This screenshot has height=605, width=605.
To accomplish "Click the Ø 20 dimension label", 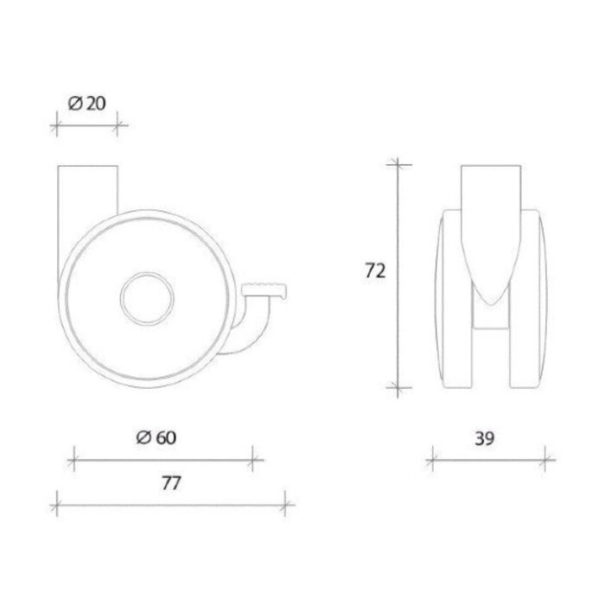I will pyautogui.click(x=86, y=103).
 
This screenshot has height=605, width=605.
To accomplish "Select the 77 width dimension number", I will pyautogui.click(x=170, y=484).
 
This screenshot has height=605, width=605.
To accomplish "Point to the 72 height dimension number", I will pyautogui.click(x=374, y=271).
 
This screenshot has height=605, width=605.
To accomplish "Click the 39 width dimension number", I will pyautogui.click(x=486, y=438).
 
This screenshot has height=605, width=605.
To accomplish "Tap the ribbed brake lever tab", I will pyautogui.click(x=269, y=289).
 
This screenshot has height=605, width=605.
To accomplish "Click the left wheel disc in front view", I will pyautogui.click(x=455, y=302).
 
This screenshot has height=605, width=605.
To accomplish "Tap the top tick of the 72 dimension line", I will pyautogui.click(x=397, y=164).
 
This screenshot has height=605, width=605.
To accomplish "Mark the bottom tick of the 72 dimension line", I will pyautogui.click(x=397, y=390).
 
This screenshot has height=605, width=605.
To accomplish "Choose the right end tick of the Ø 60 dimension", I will pyautogui.click(x=252, y=457).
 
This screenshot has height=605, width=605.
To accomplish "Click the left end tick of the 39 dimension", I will pyautogui.click(x=433, y=459).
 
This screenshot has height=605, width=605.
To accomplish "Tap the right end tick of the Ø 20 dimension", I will pyautogui.click(x=118, y=126).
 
